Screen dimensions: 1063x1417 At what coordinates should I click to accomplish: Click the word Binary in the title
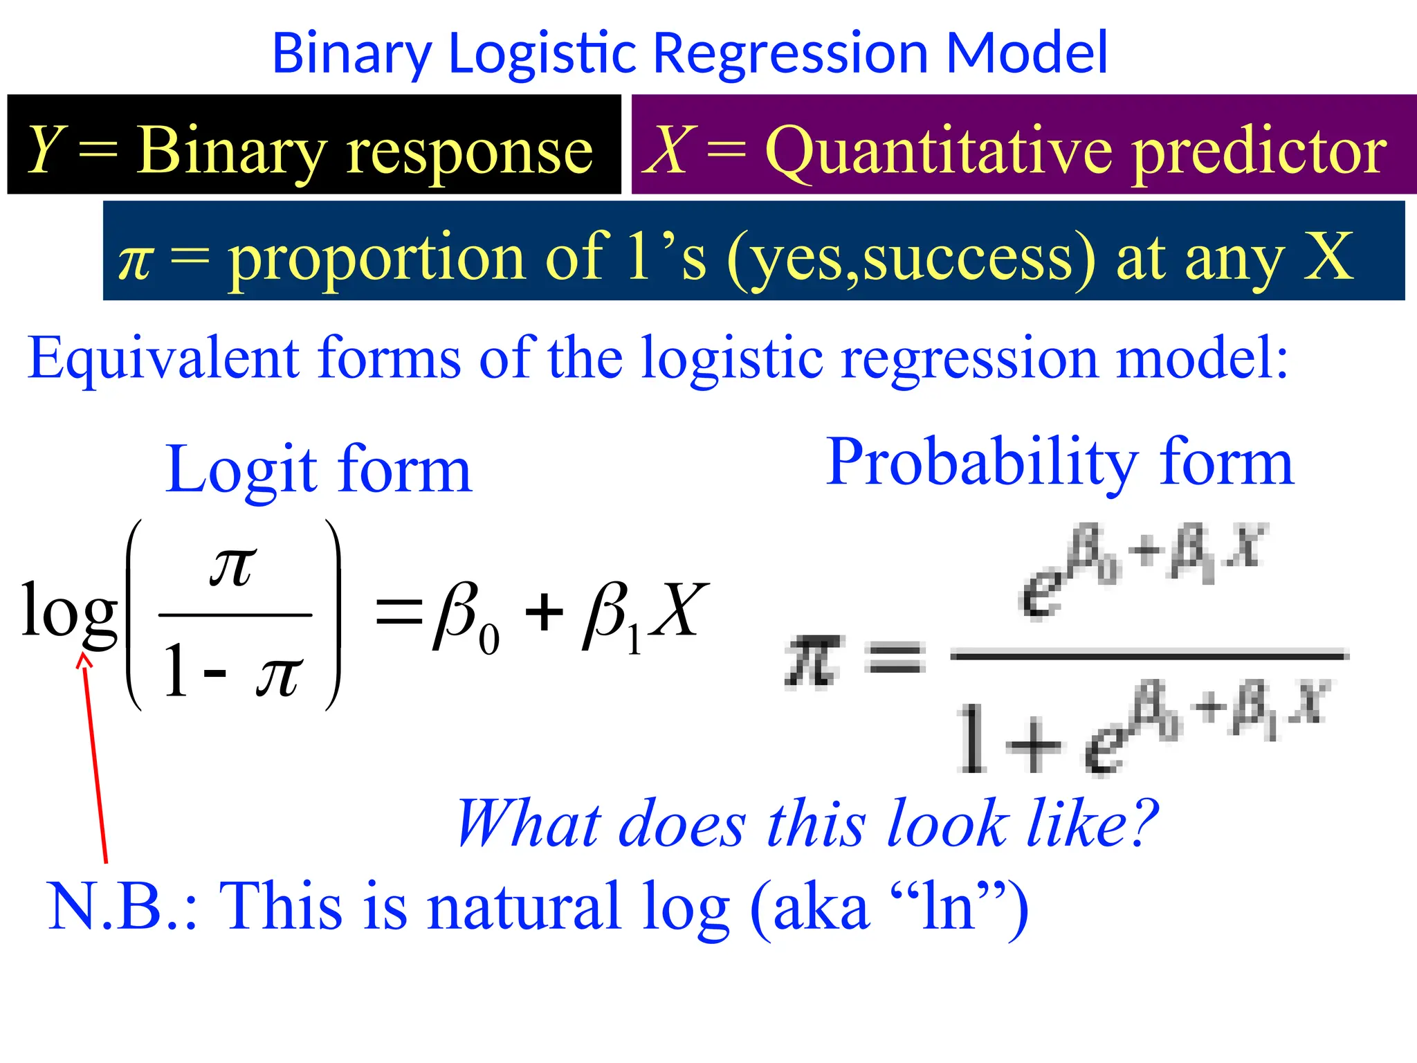[x=351, y=54]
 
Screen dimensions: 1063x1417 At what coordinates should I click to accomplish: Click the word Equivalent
[x=163, y=358]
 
